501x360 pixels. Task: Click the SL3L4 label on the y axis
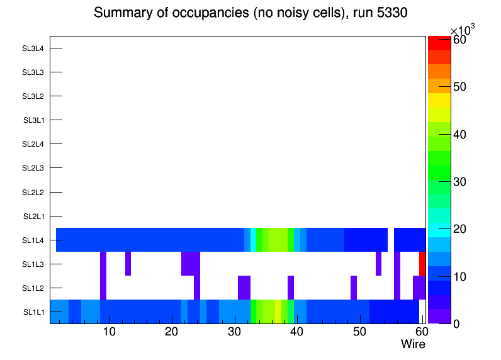pos(33,48)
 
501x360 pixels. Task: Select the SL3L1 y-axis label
pos(33,120)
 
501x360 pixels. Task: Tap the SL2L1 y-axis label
pos(33,217)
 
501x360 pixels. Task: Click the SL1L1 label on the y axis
pos(33,312)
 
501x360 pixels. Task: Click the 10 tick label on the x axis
pos(109,332)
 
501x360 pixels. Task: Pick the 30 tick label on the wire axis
pos(234,332)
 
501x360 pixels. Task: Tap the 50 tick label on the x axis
pos(359,332)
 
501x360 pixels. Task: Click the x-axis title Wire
pos(413,344)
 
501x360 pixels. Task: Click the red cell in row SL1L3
pos(422,264)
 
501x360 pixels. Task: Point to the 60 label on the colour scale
pos(459,40)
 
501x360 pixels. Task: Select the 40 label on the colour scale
pos(459,135)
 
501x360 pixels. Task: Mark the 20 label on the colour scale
pos(459,229)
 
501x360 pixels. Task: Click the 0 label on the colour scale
pos(456,323)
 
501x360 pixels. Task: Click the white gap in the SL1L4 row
pos(391,240)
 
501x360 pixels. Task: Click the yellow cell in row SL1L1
pos(278,312)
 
